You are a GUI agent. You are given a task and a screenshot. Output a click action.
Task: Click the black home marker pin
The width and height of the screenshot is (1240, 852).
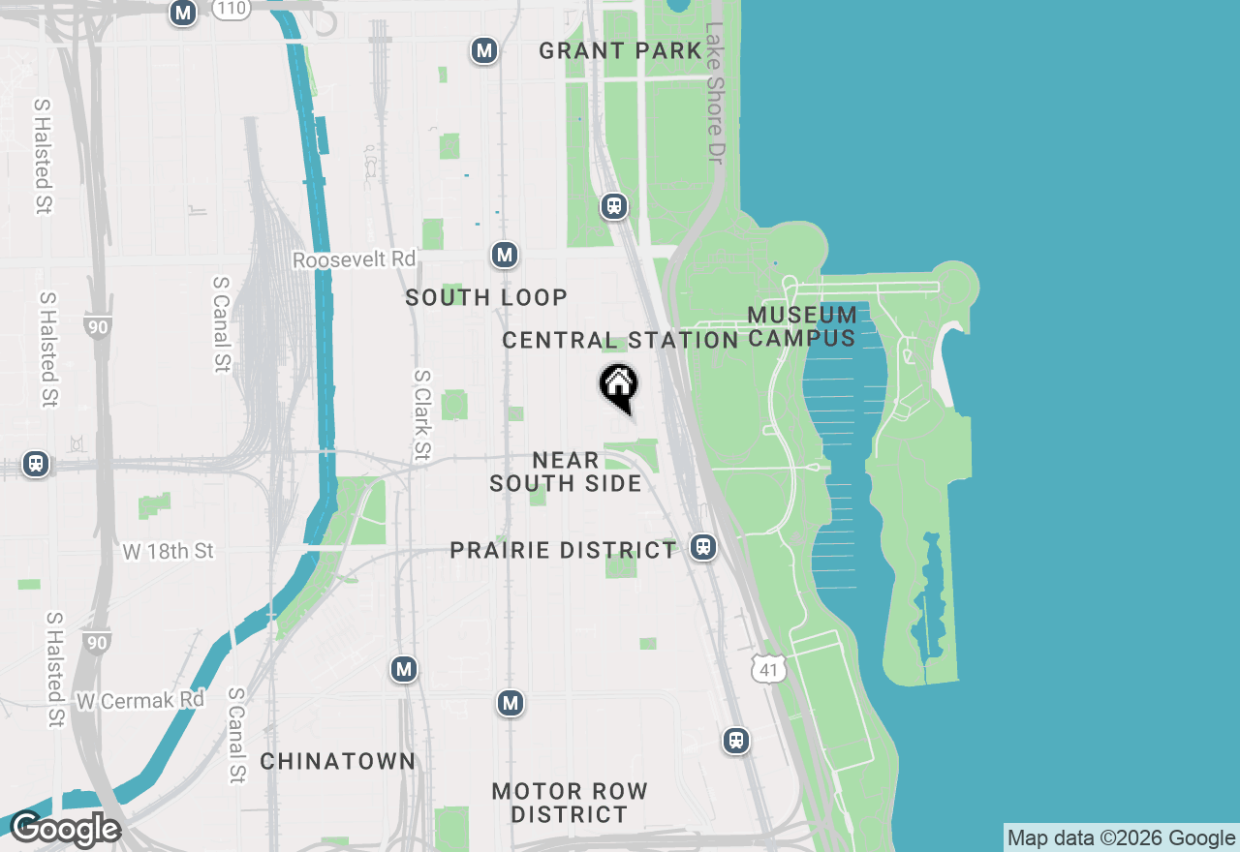coord(618,386)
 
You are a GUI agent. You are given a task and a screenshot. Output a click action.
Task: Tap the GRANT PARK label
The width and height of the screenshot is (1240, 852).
coord(620,51)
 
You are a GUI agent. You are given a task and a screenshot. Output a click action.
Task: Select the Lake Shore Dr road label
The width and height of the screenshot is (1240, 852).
coord(716,93)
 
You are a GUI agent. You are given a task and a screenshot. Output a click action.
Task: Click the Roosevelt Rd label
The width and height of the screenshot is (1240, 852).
coord(354,259)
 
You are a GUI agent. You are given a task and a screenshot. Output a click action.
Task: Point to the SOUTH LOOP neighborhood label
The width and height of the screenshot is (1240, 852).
coord(486,297)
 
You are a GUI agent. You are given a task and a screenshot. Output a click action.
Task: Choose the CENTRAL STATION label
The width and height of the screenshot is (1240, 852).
coord(620,341)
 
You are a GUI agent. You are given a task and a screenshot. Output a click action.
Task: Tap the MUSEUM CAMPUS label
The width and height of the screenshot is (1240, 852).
coord(802,326)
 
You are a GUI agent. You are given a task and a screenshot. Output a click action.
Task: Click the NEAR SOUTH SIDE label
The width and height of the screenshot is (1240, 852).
coord(566,472)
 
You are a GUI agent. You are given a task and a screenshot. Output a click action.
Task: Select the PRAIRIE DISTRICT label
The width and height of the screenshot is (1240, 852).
coord(563,551)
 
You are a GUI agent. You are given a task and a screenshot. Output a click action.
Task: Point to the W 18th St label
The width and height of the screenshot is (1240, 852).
coord(169,551)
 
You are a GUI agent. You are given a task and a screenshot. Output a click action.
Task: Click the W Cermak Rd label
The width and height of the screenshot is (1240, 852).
coord(141,699)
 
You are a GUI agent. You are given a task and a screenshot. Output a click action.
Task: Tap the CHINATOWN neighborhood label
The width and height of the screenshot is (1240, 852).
coord(338,761)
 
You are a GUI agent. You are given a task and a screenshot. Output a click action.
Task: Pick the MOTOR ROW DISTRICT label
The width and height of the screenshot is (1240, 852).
coord(570,803)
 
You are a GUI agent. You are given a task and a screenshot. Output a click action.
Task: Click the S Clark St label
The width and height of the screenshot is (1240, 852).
coord(421,415)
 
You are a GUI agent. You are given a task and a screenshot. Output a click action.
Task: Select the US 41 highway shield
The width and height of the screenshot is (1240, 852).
coord(768,669)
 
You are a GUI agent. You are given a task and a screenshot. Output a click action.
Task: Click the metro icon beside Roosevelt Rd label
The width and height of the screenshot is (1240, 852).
coord(504,256)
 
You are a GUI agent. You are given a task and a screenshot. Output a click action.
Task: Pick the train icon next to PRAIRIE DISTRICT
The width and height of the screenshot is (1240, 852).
coord(703,547)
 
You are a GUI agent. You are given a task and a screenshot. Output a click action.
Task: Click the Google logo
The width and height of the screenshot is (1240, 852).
coord(65,830)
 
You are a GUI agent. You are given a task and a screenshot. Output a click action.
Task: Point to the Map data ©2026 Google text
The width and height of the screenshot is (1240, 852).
coord(1121,838)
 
